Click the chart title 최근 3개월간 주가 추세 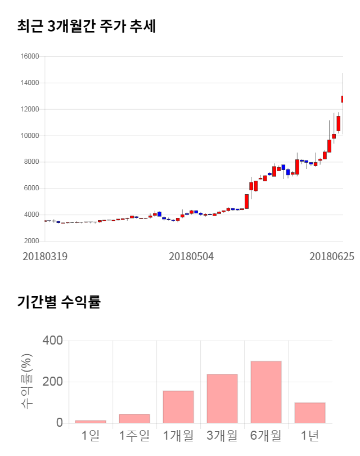click(x=86, y=26)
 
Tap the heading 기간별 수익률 click(x=58, y=302)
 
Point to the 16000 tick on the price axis click(x=30, y=56)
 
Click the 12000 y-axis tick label click(x=30, y=109)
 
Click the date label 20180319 click(x=45, y=256)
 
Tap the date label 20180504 click(x=191, y=256)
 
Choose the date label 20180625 click(x=332, y=256)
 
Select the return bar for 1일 click(x=91, y=421)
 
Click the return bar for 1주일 click(x=134, y=418)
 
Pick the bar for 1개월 click(x=178, y=406)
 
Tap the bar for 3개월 click(x=222, y=399)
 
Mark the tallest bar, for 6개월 click(x=266, y=392)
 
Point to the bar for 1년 click(x=310, y=413)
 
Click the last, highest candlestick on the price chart click(x=343, y=99)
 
